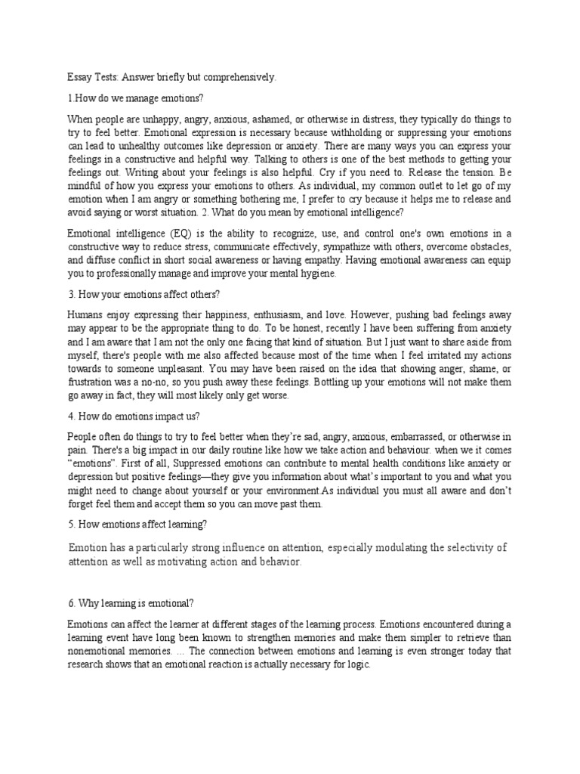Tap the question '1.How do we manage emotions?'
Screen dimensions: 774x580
134,98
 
